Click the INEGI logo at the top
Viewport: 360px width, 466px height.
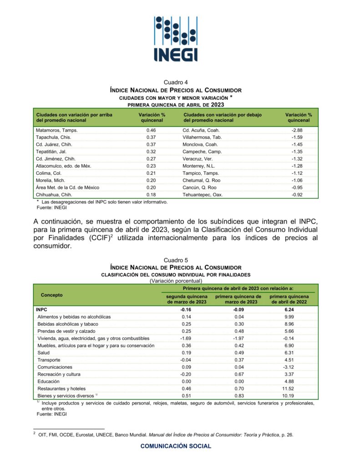[176, 39]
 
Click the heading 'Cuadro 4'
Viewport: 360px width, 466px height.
[176, 82]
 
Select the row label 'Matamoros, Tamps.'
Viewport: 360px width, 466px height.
[57, 130]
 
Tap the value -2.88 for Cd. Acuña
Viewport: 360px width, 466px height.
[297, 130]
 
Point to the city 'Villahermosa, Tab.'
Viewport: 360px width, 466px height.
[203, 137]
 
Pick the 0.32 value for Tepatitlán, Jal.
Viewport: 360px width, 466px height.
[152, 152]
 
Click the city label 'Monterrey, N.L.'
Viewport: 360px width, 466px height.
[200, 166]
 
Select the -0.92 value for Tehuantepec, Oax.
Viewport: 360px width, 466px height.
[297, 194]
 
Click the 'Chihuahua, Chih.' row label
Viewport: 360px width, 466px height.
[55, 194]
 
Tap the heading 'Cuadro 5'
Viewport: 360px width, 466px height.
[176, 260]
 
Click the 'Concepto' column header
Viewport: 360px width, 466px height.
[52, 295]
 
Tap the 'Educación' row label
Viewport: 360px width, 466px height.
[49, 381]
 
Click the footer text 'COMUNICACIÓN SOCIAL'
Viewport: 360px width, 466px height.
[176, 446]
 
